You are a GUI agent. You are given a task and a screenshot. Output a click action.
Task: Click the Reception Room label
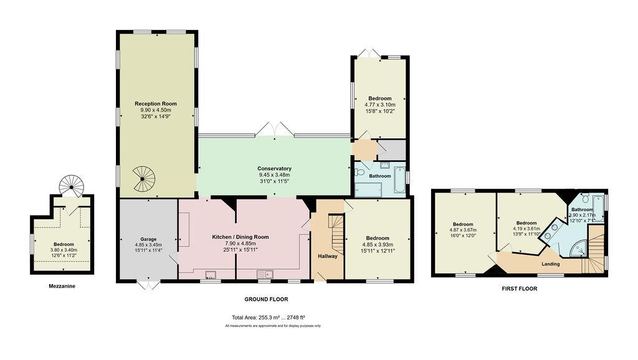coord(156,104)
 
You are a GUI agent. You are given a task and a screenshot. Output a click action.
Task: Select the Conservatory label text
coord(274,168)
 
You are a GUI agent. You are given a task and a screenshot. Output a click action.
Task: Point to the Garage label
coord(148,239)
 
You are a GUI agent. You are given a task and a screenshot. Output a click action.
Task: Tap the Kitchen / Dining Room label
coord(240,237)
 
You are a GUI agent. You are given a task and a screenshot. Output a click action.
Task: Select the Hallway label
coord(328,256)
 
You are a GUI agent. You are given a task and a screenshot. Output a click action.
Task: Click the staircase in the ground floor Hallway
coord(336,234)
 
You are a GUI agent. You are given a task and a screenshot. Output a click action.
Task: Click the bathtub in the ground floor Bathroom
coord(399,179)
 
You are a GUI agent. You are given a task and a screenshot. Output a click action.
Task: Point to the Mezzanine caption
coord(62,286)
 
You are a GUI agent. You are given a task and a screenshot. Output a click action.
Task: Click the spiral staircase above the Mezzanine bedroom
coord(72,186)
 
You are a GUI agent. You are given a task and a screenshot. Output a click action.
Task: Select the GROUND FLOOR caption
coord(266,300)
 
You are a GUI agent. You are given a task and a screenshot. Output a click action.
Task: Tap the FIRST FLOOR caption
coord(519,289)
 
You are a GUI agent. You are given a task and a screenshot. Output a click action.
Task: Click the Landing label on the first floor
coord(551,264)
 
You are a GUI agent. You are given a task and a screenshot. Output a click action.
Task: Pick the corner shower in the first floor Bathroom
coord(578,248)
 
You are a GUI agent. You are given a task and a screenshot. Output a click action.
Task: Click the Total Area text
coord(269,318)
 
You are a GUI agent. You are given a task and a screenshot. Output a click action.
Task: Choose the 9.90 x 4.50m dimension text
coord(156,110)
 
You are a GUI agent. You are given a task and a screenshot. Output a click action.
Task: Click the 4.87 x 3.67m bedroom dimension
coord(463,230)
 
